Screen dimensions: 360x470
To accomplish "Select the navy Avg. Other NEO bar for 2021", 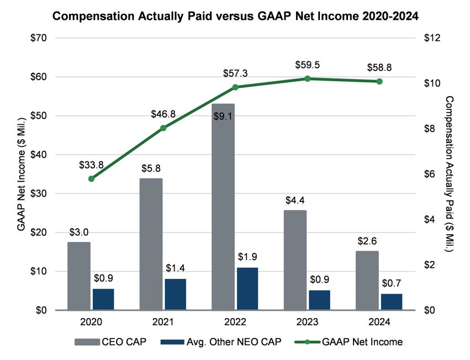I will coord(175,294).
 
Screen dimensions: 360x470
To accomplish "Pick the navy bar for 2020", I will coord(103,299).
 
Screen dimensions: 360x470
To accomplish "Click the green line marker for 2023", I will coord(307,78).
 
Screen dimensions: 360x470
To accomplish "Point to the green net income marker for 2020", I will coord(91,179).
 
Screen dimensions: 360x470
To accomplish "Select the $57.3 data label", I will coord(235,73).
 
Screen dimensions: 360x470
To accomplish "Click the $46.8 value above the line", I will coord(163,114).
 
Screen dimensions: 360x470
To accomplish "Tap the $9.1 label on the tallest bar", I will coord(223,116).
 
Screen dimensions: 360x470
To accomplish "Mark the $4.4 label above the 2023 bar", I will coord(295,199).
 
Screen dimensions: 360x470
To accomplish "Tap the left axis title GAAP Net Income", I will coord(20,174).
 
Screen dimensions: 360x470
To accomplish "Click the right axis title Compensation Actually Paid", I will coord(448,174).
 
